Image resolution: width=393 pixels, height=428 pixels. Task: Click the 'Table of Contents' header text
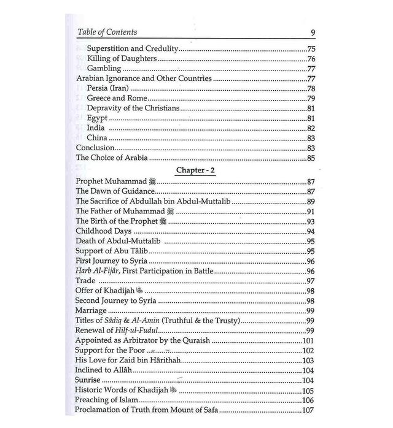click(x=107, y=32)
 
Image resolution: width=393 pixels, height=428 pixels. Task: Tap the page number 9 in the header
click(x=313, y=32)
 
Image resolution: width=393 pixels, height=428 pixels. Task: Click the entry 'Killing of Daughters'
click(x=122, y=58)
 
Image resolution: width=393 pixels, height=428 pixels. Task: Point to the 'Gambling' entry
click(x=104, y=68)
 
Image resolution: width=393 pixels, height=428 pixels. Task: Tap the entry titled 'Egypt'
click(x=98, y=118)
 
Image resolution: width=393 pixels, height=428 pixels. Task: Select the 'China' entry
click(x=97, y=137)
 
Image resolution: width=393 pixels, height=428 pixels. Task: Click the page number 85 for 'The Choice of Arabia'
click(x=310, y=158)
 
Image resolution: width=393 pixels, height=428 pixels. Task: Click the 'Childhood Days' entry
click(x=102, y=231)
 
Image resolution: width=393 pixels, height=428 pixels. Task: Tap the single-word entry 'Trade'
click(x=85, y=280)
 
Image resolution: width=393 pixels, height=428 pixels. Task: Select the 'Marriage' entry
click(x=91, y=310)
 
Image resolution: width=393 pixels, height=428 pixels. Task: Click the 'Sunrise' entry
click(x=88, y=380)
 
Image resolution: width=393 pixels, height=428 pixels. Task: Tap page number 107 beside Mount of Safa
click(x=308, y=410)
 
